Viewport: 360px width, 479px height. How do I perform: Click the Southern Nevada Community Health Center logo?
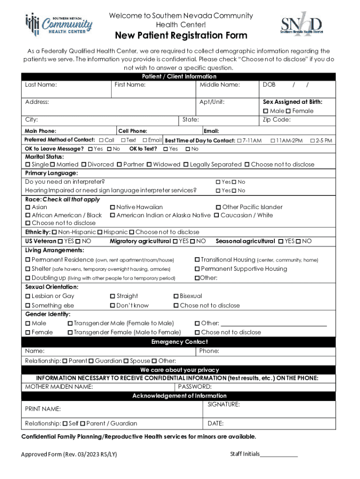point(58,24)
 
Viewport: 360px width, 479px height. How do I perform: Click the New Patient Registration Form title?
point(181,36)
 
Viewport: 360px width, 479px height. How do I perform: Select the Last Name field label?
point(41,85)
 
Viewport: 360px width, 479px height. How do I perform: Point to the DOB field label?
point(269,85)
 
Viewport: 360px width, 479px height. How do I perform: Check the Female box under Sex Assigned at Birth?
point(288,111)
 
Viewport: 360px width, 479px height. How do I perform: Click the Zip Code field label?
point(277,120)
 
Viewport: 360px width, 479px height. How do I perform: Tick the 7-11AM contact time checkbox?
point(239,141)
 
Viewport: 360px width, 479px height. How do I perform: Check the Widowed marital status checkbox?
point(149,165)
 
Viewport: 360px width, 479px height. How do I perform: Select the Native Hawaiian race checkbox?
point(113,207)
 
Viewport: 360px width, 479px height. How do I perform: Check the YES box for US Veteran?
point(60,241)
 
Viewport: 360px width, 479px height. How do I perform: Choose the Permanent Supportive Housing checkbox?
point(197,269)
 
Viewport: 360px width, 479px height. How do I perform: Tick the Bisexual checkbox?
point(176,296)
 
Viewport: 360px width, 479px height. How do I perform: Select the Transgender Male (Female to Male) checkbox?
point(71,323)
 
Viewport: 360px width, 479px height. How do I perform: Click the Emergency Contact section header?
point(180,342)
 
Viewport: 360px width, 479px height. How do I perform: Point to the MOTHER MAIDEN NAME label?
point(59,387)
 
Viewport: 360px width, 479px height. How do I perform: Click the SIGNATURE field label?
point(223,404)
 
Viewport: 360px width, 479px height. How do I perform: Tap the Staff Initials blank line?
point(279,455)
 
